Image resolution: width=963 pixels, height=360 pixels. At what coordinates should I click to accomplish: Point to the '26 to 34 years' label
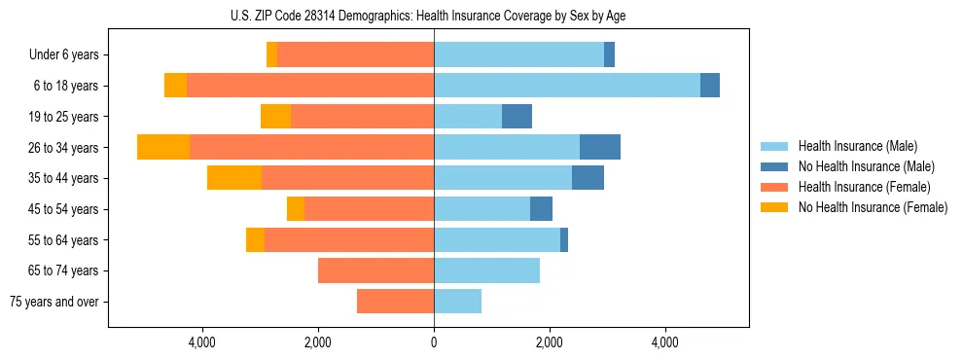64,148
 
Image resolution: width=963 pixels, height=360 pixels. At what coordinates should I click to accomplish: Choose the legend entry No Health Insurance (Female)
872,207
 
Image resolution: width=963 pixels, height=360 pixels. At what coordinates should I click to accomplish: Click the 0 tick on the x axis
434,343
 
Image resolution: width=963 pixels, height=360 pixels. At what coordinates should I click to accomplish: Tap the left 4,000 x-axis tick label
202,343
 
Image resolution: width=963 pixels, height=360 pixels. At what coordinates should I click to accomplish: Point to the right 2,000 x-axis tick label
550,343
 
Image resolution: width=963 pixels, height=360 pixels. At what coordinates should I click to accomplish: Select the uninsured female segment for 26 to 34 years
163,147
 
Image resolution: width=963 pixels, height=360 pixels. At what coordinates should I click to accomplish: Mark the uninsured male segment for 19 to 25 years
517,117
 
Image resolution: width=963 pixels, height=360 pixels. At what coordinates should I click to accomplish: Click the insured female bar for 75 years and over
395,302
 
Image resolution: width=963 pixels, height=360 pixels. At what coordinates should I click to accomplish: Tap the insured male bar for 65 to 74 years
486,270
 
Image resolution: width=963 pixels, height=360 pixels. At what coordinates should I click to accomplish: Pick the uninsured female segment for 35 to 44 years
234,178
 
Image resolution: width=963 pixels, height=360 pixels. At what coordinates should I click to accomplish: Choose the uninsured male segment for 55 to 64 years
564,239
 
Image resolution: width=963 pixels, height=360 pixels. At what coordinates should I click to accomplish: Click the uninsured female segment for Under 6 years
271,55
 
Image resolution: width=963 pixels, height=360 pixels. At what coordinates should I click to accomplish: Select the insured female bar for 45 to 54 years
369,209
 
